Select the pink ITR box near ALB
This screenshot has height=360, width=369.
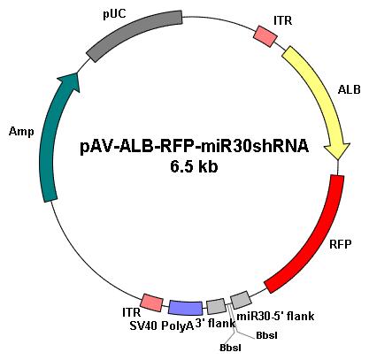pyautogui.click(x=265, y=36)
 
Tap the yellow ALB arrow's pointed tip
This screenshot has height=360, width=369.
pyautogui.click(x=338, y=159)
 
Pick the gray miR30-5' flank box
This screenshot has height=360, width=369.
pyautogui.click(x=241, y=300)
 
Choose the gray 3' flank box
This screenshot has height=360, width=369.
pyautogui.click(x=216, y=307)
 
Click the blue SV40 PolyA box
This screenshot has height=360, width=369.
pyautogui.click(x=186, y=308)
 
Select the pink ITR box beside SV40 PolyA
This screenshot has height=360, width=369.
pyautogui.click(x=151, y=303)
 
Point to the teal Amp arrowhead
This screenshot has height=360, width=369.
pyautogui.click(x=70, y=81)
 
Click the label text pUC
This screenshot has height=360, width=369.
pyautogui.click(x=114, y=14)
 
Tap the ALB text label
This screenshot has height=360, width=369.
pyautogui.click(x=350, y=89)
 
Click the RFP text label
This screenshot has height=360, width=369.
pyautogui.click(x=341, y=244)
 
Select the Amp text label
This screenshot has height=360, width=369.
pyautogui.click(x=21, y=132)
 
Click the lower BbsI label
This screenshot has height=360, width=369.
pyautogui.click(x=230, y=348)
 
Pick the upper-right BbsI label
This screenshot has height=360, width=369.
pyautogui.click(x=266, y=335)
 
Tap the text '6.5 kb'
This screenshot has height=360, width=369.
pyautogui.click(x=194, y=166)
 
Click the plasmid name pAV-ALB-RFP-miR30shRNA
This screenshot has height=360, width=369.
pyautogui.click(x=195, y=146)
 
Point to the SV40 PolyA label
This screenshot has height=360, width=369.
pyautogui.click(x=161, y=326)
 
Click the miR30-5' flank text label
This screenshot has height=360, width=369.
pyautogui.click(x=275, y=317)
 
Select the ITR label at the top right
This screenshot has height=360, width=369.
pyautogui.click(x=283, y=20)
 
